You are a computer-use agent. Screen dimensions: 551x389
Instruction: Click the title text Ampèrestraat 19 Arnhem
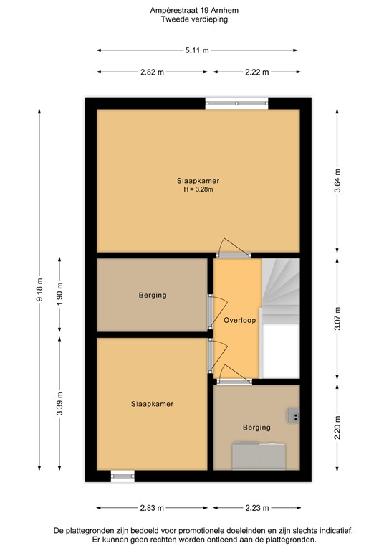click(x=193, y=11)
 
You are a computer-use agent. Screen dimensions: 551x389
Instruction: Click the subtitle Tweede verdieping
click(x=193, y=21)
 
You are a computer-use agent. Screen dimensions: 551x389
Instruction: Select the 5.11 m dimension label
click(x=197, y=50)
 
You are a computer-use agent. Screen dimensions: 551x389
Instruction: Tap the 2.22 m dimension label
click(x=256, y=72)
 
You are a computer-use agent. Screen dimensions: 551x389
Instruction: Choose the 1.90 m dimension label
click(x=60, y=296)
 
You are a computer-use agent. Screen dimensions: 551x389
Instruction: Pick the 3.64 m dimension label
click(x=337, y=180)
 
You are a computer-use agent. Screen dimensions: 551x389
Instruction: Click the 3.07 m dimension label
click(x=337, y=318)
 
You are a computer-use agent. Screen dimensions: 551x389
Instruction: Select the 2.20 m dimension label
click(x=337, y=428)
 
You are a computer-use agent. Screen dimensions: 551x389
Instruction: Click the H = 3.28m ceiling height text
click(x=198, y=190)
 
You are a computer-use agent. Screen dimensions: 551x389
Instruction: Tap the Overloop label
click(x=239, y=320)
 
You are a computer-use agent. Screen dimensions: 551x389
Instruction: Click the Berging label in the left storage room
click(x=153, y=295)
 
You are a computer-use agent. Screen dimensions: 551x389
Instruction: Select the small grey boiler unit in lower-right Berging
click(x=294, y=414)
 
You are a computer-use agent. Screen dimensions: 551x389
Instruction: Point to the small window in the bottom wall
click(x=123, y=476)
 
